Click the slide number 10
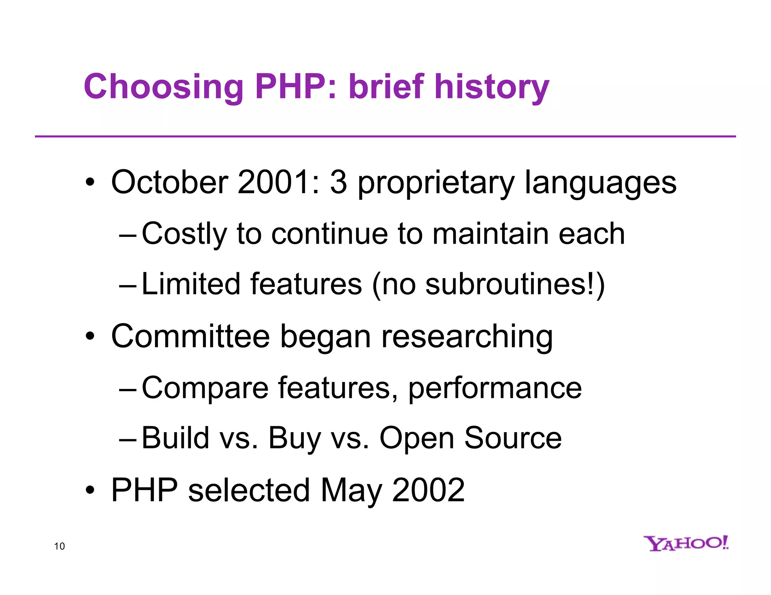pos(59,546)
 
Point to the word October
pos(170,182)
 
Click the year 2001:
pos(279,182)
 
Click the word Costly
pos(184,234)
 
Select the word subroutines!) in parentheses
pos(515,285)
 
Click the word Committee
pos(190,336)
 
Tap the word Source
pos(513,438)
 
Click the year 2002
pos(428,490)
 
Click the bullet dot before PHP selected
pos(90,490)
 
